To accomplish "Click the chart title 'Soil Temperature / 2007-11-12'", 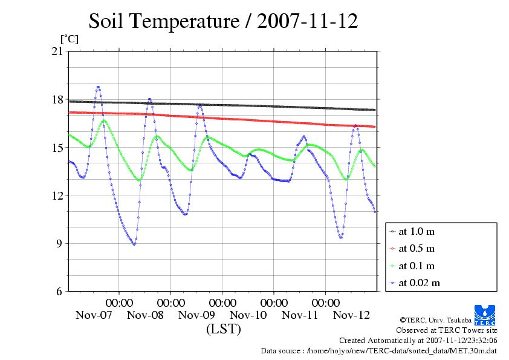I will click(223, 22).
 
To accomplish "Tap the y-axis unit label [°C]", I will click(69, 39).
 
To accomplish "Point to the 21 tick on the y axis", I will click(57, 51).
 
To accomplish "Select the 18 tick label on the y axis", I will click(57, 99).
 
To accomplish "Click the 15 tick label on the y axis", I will click(57, 148).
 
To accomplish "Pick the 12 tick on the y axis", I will click(57, 195).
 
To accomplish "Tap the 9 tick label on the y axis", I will click(59, 244).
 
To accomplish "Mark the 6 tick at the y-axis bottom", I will click(59, 292).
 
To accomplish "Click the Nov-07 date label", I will click(94, 315).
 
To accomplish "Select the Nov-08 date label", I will click(145, 315).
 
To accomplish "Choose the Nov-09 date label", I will click(197, 315).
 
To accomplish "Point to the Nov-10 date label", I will click(248, 315).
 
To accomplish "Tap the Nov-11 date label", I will click(300, 315).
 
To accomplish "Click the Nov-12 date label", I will click(352, 315).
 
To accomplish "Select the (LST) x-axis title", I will click(223, 329).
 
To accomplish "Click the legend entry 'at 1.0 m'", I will click(417, 231).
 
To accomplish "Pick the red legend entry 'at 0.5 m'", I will click(417, 248).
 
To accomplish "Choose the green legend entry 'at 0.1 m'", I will click(417, 266).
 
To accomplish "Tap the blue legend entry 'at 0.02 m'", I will click(419, 283).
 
